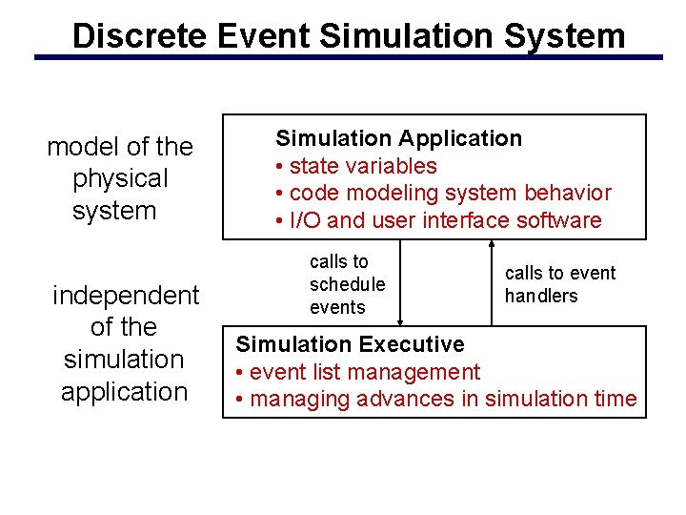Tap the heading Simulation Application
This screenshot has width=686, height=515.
[x=398, y=139]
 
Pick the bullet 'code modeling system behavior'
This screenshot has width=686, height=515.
[x=443, y=193]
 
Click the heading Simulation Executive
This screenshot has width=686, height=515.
[x=350, y=344]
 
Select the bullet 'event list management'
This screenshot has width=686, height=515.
[x=358, y=372]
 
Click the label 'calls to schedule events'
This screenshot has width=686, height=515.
[x=347, y=284]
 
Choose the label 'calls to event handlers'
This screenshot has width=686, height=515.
[x=560, y=284]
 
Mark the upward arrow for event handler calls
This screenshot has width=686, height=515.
[x=493, y=283]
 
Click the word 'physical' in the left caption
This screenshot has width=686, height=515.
[x=120, y=179]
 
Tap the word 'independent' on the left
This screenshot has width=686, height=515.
[x=126, y=296]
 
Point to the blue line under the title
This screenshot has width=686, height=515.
[x=348, y=57]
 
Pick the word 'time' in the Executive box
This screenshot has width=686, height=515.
[x=614, y=399]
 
